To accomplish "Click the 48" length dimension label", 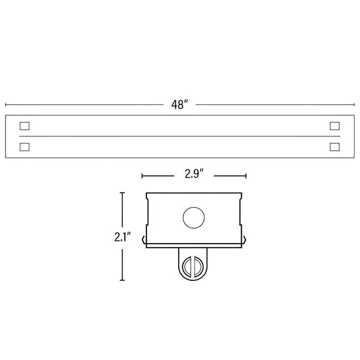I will click(x=179, y=104).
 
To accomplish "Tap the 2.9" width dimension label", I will click(x=193, y=175).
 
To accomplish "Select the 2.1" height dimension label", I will click(x=122, y=236).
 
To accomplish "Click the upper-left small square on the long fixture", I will click(x=25, y=126).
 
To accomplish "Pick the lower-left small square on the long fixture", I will click(x=25, y=146).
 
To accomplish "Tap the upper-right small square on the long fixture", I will click(x=334, y=126).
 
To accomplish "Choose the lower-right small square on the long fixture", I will click(x=334, y=146).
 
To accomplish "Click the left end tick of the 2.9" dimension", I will click(x=142, y=176).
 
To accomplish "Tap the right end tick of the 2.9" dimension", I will click(x=246, y=176).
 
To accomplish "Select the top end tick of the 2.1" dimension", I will click(x=122, y=193).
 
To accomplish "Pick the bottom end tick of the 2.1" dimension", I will click(x=122, y=280).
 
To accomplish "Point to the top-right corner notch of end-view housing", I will click(x=241, y=194).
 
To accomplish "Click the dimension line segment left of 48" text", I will click(x=84, y=104).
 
